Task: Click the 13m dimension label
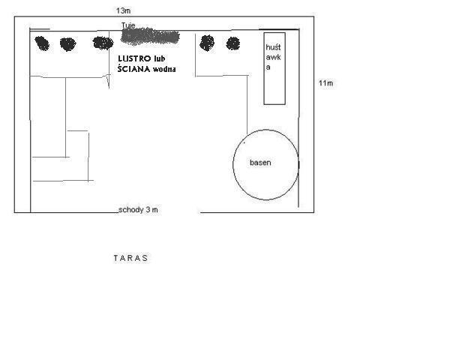point(124,11)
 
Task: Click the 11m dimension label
point(325,83)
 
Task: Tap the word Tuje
point(128,25)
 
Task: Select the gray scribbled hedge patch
point(150,37)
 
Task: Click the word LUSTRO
point(134,58)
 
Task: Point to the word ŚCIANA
point(133,69)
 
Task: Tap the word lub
point(159,58)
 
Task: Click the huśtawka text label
point(273,57)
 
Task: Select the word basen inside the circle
point(260,163)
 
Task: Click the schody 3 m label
point(138,210)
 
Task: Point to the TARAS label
point(130,258)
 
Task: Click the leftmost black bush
point(42,43)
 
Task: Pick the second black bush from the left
point(68,44)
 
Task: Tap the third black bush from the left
point(103,43)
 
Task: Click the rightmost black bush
point(233,43)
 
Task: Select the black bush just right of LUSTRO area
point(207,43)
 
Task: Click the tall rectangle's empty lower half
point(274,88)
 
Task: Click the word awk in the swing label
point(273,57)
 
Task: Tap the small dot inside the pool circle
point(244,142)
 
